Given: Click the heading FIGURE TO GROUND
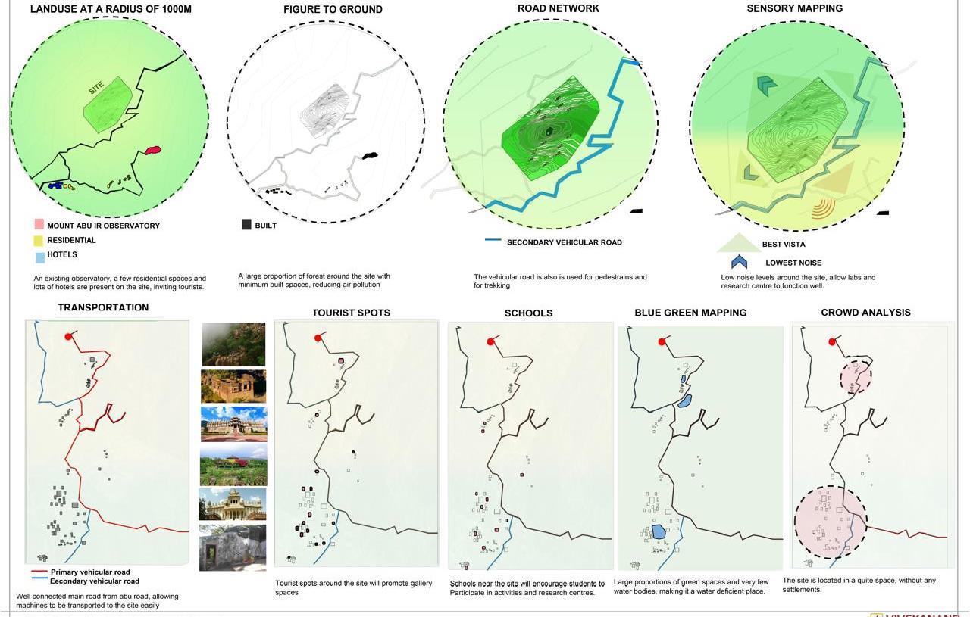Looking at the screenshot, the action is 333,10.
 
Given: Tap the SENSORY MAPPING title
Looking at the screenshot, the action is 794,8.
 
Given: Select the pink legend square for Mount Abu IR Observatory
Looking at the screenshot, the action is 39,225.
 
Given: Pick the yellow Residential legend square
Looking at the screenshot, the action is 39,241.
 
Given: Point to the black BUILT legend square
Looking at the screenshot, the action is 246,225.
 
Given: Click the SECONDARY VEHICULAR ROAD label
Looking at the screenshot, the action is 564,242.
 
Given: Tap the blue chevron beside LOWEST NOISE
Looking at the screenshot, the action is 739,262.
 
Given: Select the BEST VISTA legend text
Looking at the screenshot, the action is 784,245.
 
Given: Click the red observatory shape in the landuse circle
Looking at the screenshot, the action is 152,151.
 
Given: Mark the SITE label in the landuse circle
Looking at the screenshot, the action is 96,88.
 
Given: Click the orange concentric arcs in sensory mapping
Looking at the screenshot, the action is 824,207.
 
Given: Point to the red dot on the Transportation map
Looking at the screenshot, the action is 68,337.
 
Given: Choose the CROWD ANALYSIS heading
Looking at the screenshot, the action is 865,313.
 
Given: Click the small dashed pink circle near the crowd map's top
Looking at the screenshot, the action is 856,376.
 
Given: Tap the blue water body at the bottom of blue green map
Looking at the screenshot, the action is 659,531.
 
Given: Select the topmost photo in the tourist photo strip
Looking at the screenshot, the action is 233,344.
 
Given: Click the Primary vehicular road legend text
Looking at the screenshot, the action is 90,572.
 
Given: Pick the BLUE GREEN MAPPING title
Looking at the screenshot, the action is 690,313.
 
